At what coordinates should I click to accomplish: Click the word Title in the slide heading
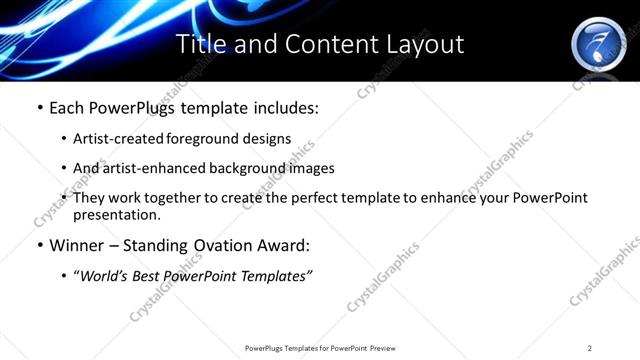click(199, 45)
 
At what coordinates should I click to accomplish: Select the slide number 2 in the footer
click(590, 348)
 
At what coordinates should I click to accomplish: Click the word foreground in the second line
click(200, 139)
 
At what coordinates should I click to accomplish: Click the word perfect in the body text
click(324, 198)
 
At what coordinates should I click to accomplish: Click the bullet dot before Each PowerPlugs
click(39, 107)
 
